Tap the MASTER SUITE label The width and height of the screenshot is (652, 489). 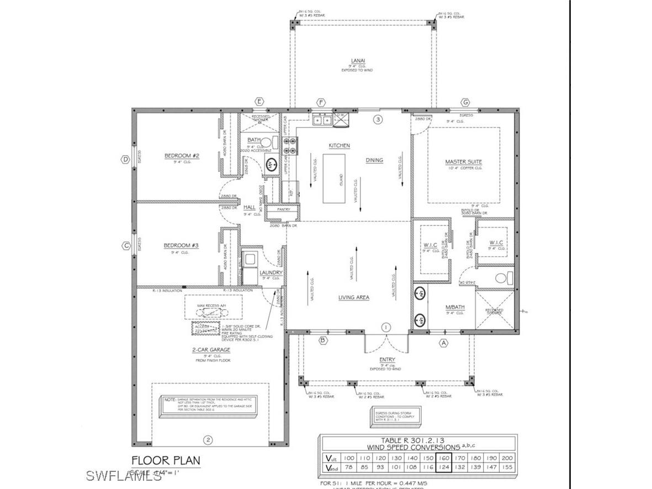pos(464,162)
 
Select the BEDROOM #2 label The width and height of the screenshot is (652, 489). pos(182,156)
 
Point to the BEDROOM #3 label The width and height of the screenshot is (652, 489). pos(182,246)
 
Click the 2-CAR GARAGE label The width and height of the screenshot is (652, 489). pos(211,349)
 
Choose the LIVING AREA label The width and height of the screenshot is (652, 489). pos(354,297)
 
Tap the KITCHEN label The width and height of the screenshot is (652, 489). pos(340,145)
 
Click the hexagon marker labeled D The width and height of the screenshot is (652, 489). pos(125,160)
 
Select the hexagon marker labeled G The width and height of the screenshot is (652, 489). pos(465,102)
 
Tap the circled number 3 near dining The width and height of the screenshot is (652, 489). pos(378,119)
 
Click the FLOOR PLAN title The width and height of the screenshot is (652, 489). pos(158,460)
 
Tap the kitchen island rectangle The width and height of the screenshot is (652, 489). pos(335,179)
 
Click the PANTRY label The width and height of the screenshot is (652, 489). pos(284,210)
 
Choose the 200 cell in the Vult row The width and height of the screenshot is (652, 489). pos(507,458)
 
